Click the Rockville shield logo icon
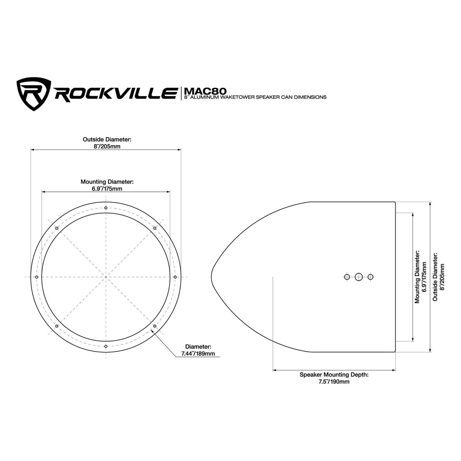pyautogui.click(x=34, y=94)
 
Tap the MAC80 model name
pyautogui.click(x=205, y=91)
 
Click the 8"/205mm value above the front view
pyautogui.click(x=107, y=146)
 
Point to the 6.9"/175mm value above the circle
pyautogui.click(x=107, y=189)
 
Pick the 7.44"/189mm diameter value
pyautogui.click(x=198, y=353)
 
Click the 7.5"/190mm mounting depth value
pyautogui.click(x=334, y=381)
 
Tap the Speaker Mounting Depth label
pyautogui.click(x=334, y=375)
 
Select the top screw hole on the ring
pyautogui.click(x=106, y=208)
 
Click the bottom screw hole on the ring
pyautogui.click(x=106, y=346)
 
